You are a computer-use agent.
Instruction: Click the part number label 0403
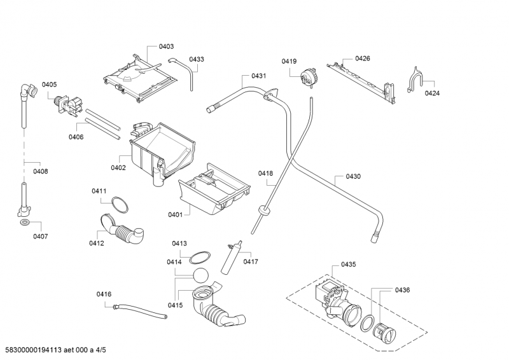(x=166, y=46)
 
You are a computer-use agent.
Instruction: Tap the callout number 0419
(x=289, y=61)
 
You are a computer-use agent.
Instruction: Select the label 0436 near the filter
(x=402, y=290)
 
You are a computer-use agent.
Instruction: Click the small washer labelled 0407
(x=24, y=223)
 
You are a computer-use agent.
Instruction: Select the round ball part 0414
(x=200, y=276)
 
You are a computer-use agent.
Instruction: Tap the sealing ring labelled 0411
(x=120, y=205)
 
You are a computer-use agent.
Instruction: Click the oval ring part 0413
(x=200, y=258)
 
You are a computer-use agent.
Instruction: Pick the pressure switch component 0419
(x=308, y=77)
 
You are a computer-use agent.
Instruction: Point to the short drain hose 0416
(x=140, y=310)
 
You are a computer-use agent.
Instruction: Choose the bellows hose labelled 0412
(x=122, y=229)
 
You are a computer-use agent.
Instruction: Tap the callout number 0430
(x=353, y=177)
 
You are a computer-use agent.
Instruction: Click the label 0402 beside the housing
(x=118, y=168)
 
